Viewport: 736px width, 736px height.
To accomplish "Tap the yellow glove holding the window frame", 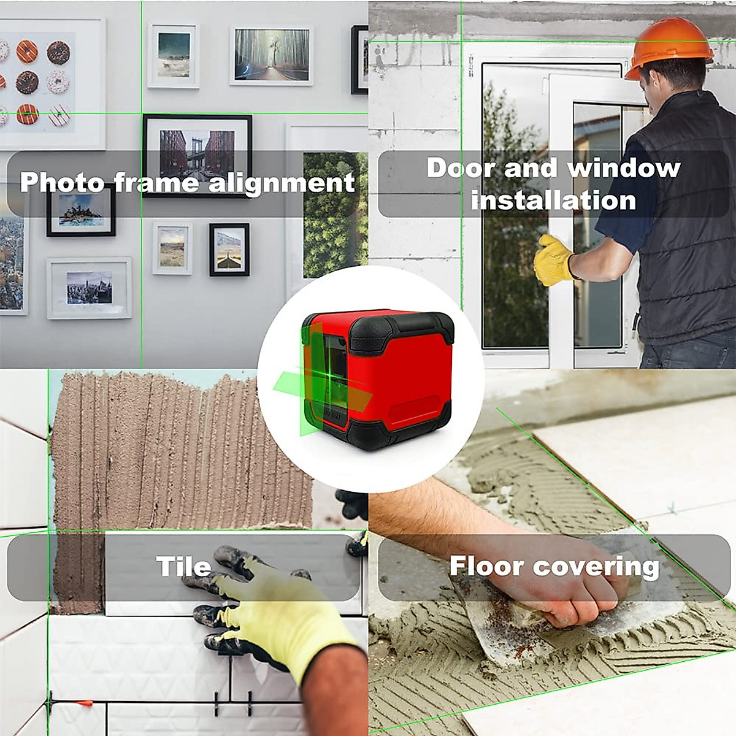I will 554,260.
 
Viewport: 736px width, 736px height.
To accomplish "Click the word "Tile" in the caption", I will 183,566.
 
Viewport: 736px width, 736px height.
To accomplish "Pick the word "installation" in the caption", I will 554,201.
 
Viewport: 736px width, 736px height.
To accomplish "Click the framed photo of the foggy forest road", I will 271,55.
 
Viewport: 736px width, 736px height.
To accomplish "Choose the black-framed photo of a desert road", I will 229,249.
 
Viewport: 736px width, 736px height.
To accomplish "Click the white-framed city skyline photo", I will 89,288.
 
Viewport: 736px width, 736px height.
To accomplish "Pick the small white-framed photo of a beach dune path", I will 172,248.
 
